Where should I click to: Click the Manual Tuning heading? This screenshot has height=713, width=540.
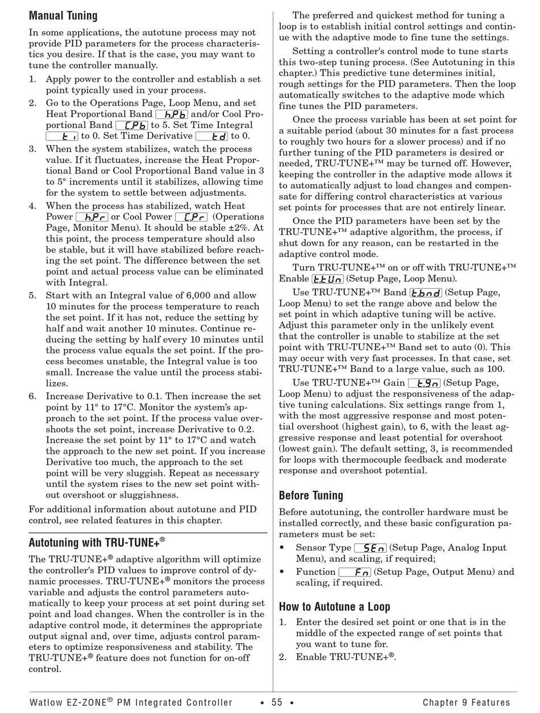(63, 15)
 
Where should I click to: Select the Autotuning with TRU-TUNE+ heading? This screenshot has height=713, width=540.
(97, 542)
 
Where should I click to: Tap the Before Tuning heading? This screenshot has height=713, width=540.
(311, 495)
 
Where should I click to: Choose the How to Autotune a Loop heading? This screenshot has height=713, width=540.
(334, 606)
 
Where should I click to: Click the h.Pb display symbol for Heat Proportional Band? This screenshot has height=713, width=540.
(171, 114)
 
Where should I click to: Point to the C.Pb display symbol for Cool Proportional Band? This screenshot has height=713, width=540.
(131, 125)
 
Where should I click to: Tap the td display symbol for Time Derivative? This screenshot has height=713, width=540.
(211, 136)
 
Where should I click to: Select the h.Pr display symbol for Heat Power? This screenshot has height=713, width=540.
(92, 217)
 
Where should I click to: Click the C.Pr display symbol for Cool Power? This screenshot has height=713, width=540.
(191, 217)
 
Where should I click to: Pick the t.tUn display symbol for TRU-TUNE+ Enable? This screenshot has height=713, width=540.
(327, 279)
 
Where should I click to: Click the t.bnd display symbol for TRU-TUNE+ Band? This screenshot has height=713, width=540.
(426, 293)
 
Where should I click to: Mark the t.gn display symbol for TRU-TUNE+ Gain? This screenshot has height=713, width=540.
(424, 383)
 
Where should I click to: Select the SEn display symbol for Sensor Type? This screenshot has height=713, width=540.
(370, 548)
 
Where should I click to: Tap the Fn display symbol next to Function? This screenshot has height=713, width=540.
(355, 572)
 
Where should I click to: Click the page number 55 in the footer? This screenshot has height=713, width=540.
(277, 703)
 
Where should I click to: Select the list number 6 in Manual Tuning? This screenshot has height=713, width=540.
(32, 396)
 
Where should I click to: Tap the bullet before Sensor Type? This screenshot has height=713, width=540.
(282, 548)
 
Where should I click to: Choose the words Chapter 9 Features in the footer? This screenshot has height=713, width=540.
(466, 703)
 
